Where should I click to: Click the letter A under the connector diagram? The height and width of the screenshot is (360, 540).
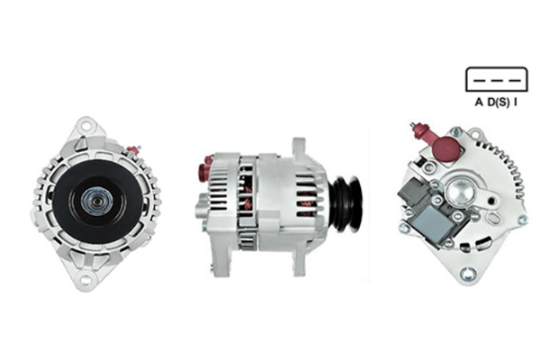[479, 102]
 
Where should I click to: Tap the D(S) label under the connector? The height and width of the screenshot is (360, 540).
[499, 103]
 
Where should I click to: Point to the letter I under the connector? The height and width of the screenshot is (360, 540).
[516, 102]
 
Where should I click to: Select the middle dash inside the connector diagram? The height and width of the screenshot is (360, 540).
[497, 81]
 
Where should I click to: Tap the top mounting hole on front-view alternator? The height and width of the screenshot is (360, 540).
[85, 126]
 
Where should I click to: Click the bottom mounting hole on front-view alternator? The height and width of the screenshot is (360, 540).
[85, 279]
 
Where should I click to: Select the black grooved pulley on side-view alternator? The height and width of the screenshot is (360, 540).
[346, 204]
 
